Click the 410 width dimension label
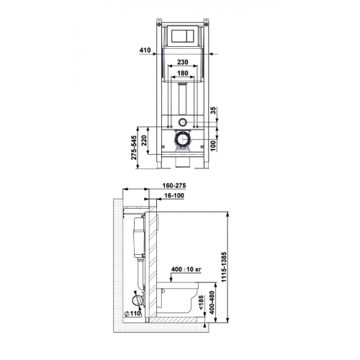[x=144, y=51]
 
